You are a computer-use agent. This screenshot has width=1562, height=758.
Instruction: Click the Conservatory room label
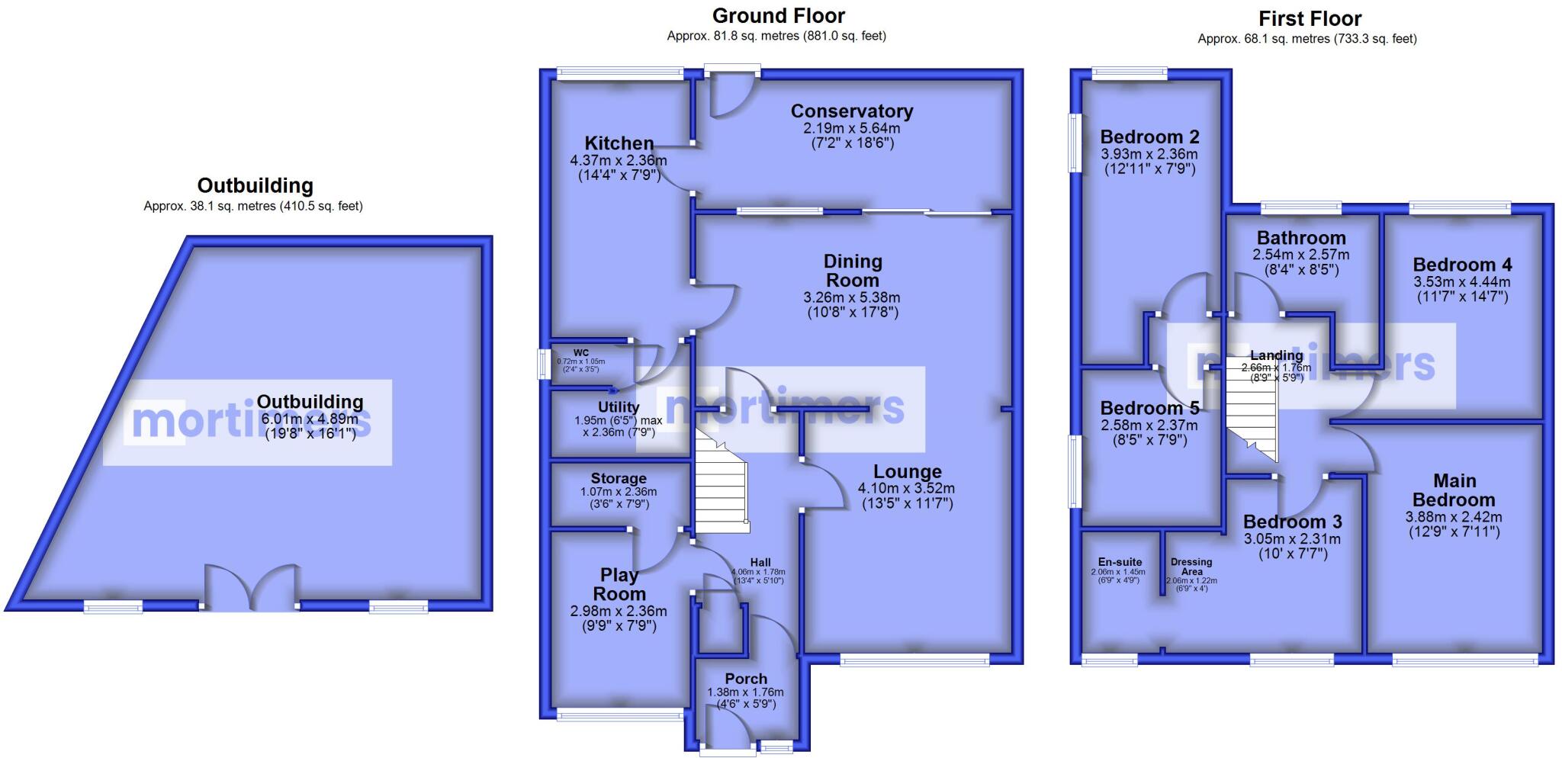(852, 111)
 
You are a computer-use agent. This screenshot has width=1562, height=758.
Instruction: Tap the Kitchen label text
(619, 143)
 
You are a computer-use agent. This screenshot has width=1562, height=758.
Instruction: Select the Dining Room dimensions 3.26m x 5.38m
(853, 297)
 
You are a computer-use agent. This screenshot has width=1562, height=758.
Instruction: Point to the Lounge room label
(908, 472)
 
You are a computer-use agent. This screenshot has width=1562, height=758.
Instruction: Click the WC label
(581, 352)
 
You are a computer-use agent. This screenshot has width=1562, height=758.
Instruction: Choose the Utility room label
(619, 408)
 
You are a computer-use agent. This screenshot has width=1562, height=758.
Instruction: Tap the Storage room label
(619, 479)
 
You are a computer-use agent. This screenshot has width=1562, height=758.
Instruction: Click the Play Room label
(619, 584)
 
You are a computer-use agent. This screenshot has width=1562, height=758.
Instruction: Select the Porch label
(746, 679)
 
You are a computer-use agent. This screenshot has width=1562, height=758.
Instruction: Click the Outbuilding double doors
(250, 589)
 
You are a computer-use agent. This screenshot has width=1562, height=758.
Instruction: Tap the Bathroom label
(1301, 238)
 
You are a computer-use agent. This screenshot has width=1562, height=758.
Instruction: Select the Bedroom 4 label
(1462, 265)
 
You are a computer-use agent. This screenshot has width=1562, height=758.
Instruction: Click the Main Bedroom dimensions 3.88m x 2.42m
(1454, 517)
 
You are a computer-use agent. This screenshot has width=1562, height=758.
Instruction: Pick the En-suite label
(1118, 562)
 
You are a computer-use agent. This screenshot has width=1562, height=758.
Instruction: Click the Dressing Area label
(1191, 567)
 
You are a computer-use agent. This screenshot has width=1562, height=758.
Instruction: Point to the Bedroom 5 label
(1149, 408)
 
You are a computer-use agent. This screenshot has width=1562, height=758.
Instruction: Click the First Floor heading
(1310, 18)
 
